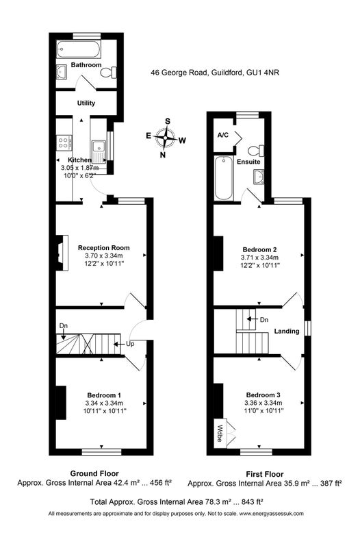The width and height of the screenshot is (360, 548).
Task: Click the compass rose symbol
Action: point(166,138)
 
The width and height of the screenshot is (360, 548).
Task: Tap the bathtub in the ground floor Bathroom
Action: point(79,49)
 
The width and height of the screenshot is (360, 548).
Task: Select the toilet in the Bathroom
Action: point(109,73)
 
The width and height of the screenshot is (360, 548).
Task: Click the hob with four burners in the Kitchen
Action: point(64,142)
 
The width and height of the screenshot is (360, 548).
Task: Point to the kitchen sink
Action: point(99,151)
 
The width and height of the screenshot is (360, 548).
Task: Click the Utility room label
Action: point(86,103)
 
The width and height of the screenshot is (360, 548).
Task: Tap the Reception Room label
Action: point(104,248)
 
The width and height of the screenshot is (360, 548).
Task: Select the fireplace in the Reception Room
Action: point(62,253)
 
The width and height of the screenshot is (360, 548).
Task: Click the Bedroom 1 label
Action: point(104,395)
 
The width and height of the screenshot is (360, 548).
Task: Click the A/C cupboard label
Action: point(222,135)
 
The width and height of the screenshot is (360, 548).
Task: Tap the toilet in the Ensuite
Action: point(256,151)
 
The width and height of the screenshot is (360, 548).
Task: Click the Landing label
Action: point(287,331)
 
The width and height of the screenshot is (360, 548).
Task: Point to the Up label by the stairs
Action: point(130,344)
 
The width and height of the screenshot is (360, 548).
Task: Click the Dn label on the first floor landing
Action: point(264,319)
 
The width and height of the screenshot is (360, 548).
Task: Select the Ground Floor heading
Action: point(94,473)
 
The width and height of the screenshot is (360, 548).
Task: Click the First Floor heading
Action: point(265,474)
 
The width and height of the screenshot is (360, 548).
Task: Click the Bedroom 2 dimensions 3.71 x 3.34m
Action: point(259,258)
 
